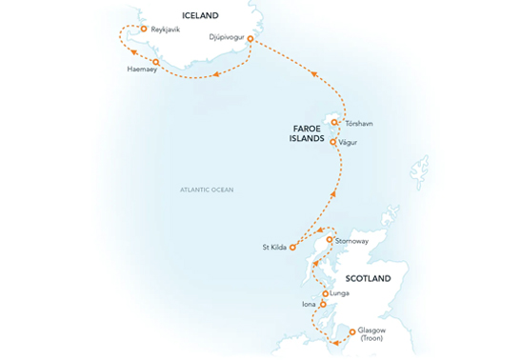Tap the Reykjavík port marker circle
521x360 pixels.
pyautogui.click(x=143, y=29)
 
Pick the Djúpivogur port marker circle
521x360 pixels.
pyautogui.click(x=250, y=39)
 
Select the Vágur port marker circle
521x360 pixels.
pyautogui.click(x=334, y=143)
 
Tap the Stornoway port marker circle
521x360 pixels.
pyautogui.click(x=329, y=241)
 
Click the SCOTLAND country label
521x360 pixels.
pyautogui.click(x=366, y=279)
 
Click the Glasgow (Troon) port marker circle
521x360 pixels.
pyautogui.click(x=353, y=332)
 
